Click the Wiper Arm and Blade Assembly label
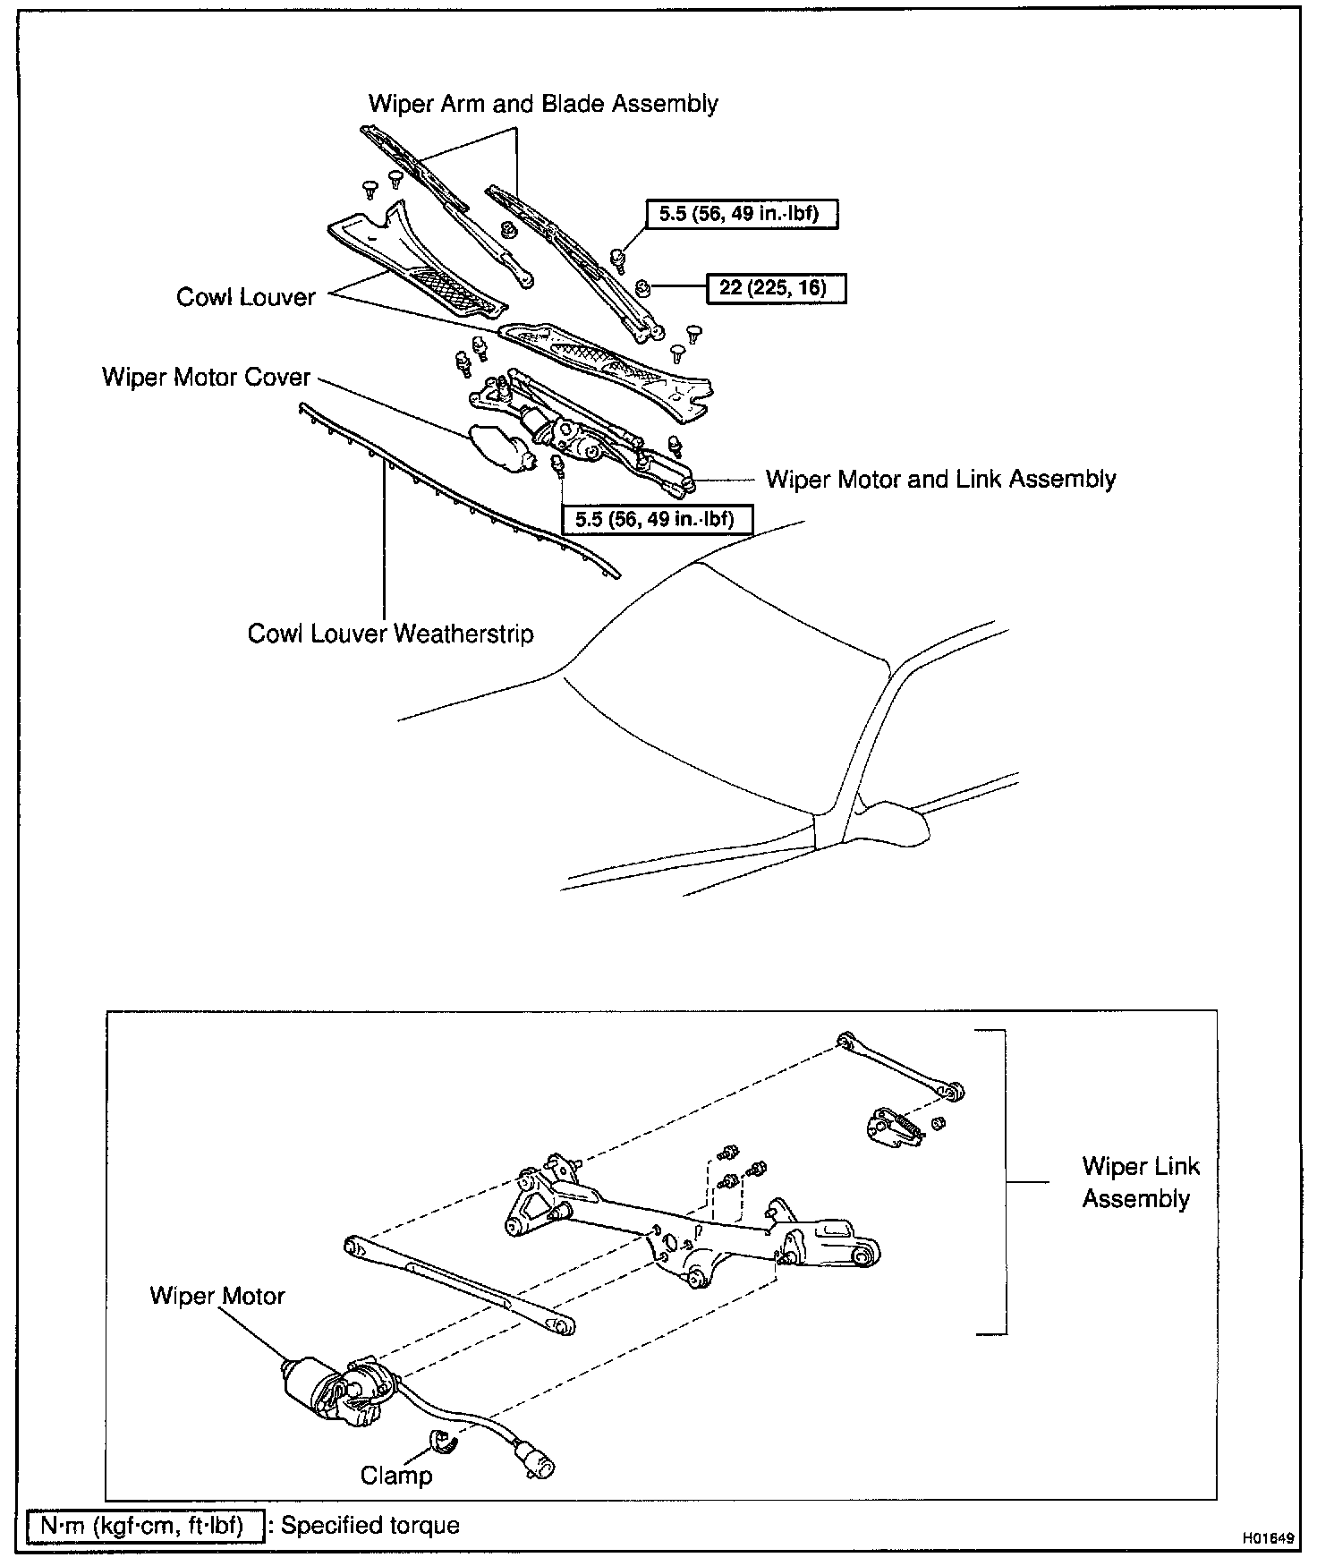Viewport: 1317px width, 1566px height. pos(543,104)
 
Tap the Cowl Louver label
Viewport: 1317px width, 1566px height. pos(246,297)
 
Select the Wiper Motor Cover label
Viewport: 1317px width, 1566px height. pos(206,377)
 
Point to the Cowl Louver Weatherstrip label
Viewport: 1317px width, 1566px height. pos(390,634)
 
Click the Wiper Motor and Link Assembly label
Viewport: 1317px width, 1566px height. pos(940,479)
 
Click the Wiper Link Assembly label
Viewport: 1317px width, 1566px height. pos(1140,1182)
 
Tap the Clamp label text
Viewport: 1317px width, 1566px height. pos(396,1475)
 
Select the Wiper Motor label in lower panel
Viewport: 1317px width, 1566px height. pos(217,1296)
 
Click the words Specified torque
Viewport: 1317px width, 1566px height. pos(370,1525)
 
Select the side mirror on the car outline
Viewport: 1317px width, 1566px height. pos(896,822)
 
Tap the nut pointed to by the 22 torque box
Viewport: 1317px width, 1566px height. pos(642,287)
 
